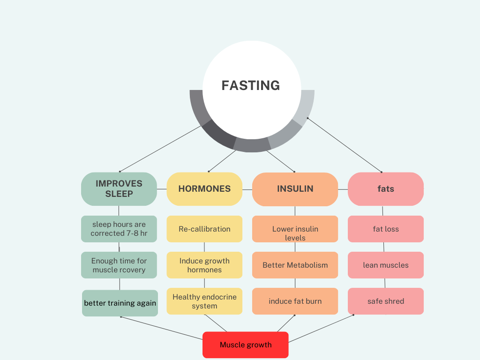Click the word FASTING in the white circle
pyautogui.click(x=251, y=85)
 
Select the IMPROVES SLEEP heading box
pyautogui.click(x=119, y=189)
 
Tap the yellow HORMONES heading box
pyautogui.click(x=204, y=189)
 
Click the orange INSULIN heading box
pyautogui.click(x=295, y=189)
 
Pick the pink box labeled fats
pyautogui.click(x=386, y=189)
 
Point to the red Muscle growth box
pyautogui.click(x=246, y=345)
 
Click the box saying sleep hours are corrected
pyautogui.click(x=119, y=229)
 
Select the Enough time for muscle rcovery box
pyautogui.click(x=119, y=265)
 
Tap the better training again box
pyautogui.click(x=120, y=303)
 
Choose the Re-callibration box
pyautogui.click(x=204, y=229)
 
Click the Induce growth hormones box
pyautogui.click(x=204, y=265)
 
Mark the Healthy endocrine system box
pyautogui.click(x=204, y=301)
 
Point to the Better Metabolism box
pyautogui.click(x=295, y=265)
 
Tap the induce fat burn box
pyautogui.click(x=295, y=301)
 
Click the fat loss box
pyautogui.click(x=386, y=229)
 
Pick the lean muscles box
pyautogui.click(x=386, y=265)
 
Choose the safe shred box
pyautogui.click(x=386, y=301)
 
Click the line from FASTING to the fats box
pyautogui.click(x=345, y=144)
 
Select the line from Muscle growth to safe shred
pyautogui.click(x=321, y=329)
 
